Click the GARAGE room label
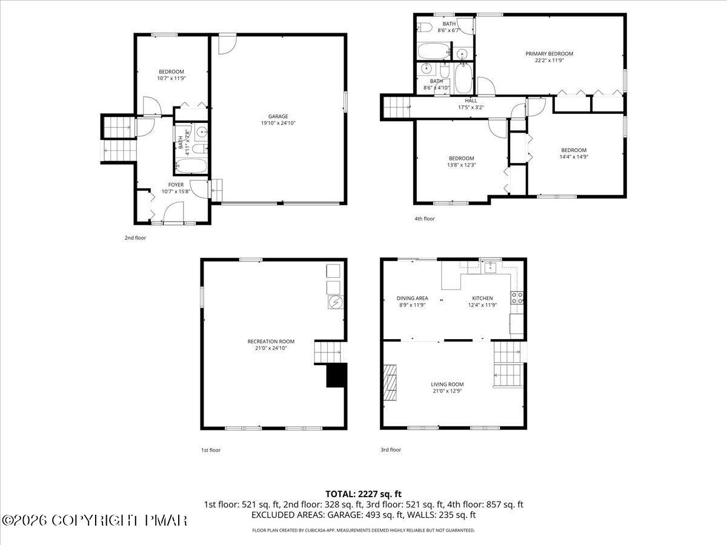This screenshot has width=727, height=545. (278, 116)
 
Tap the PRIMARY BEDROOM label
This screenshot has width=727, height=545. (549, 53)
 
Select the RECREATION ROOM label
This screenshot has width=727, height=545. (270, 341)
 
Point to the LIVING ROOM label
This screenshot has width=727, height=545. (447, 384)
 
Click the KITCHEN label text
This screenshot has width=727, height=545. (482, 298)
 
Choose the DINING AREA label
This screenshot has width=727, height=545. (412, 298)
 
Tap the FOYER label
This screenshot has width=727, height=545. (176, 184)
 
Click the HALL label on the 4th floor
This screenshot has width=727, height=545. (470, 101)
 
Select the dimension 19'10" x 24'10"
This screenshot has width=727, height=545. (278, 123)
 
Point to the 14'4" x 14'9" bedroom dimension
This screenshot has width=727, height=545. (573, 157)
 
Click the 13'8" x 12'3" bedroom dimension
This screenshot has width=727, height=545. (462, 165)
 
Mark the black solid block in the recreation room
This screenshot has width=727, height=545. (336, 375)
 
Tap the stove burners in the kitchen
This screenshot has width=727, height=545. (517, 297)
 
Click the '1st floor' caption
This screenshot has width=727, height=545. (211, 450)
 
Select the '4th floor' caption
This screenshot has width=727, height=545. (424, 219)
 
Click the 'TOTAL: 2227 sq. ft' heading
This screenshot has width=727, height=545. (363, 494)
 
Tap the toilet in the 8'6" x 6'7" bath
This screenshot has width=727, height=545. (425, 27)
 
